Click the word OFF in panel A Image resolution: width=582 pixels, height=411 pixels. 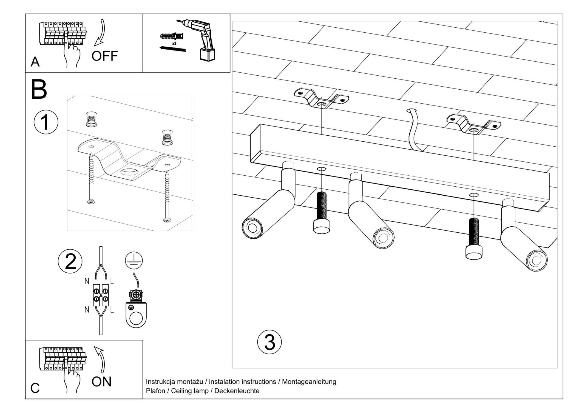(x=104, y=56)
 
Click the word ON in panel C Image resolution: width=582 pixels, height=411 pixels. (x=101, y=382)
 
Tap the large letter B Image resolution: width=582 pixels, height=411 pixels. (x=39, y=90)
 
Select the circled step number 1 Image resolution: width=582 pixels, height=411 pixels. (x=46, y=122)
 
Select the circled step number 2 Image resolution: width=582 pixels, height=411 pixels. (x=70, y=261)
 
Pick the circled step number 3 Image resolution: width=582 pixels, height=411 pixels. (x=269, y=342)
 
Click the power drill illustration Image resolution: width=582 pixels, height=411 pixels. (x=201, y=38)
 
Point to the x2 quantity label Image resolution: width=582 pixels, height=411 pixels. (x=174, y=44)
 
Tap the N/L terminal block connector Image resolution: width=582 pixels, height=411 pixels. (x=101, y=295)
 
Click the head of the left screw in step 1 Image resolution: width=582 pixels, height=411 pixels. (x=91, y=202)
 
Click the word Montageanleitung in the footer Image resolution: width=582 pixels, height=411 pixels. (x=309, y=381)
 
